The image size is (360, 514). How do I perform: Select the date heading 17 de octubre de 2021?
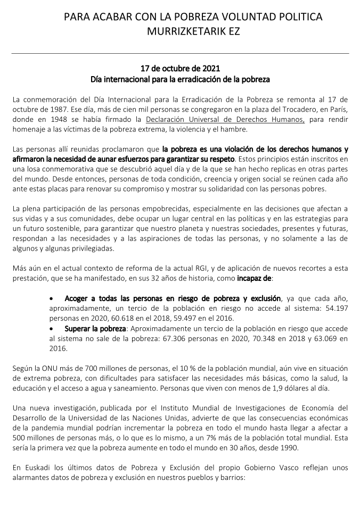pos(180,69)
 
